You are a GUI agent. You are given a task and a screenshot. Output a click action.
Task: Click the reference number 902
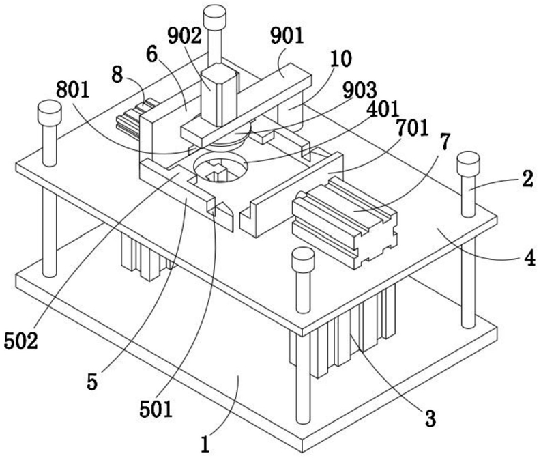click(x=185, y=36)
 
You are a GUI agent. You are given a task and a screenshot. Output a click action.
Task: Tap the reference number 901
click(x=287, y=36)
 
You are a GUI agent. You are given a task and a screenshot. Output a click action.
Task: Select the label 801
click(x=73, y=90)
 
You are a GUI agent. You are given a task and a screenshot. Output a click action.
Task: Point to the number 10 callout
click(x=341, y=59)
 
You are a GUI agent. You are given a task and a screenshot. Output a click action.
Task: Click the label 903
click(x=360, y=91)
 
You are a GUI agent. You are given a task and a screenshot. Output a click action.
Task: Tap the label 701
click(x=412, y=129)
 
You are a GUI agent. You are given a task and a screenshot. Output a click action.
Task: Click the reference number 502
click(x=20, y=342)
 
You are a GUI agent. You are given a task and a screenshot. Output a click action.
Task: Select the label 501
click(x=156, y=410)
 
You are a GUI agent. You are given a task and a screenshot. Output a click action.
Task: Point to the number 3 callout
click(x=430, y=418)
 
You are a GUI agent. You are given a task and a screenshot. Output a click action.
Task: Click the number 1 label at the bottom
click(x=205, y=444)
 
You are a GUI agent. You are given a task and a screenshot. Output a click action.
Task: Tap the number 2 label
click(x=527, y=180)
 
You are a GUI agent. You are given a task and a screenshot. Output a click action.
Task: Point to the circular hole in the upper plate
click(x=221, y=167)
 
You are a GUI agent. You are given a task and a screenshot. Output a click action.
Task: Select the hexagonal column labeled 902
click(x=219, y=95)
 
